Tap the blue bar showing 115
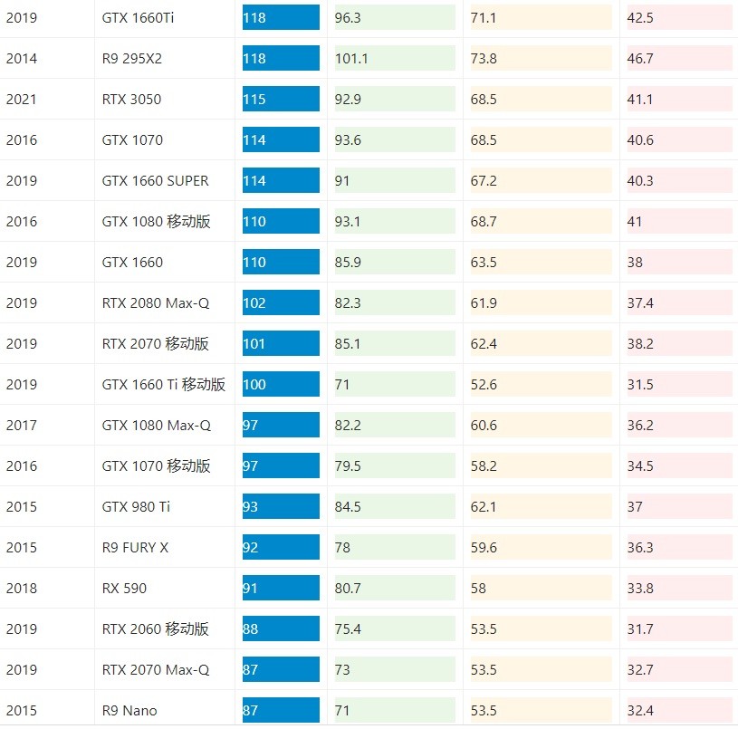(281, 100)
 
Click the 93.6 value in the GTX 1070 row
(348, 140)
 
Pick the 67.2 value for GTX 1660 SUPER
(484, 181)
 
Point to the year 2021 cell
(21, 100)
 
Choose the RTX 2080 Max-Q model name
(155, 303)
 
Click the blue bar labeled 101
(281, 344)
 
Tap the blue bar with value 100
(281, 385)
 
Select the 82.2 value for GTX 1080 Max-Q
(348, 426)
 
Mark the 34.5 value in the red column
(640, 466)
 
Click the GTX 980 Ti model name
(135, 507)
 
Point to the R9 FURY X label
(135, 548)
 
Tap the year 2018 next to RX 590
(21, 589)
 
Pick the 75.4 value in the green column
(348, 629)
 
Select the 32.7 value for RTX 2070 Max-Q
(640, 670)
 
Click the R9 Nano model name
(129, 711)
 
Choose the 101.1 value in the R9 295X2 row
(351, 59)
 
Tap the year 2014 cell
(21, 59)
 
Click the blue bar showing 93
(281, 507)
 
